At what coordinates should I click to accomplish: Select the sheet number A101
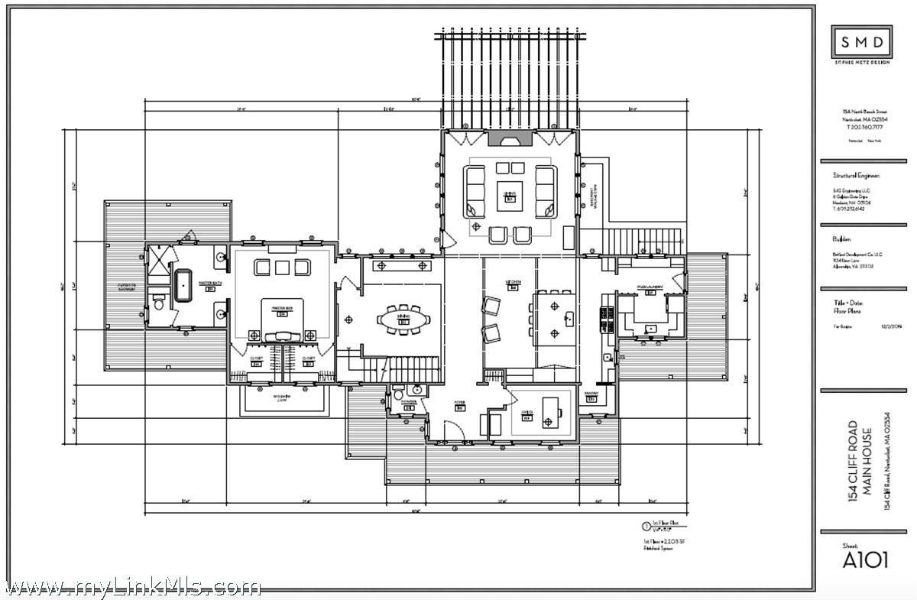click(x=865, y=559)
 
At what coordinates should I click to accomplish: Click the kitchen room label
click(x=513, y=283)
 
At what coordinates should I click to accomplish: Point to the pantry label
click(x=591, y=396)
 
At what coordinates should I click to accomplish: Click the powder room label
click(x=409, y=403)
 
